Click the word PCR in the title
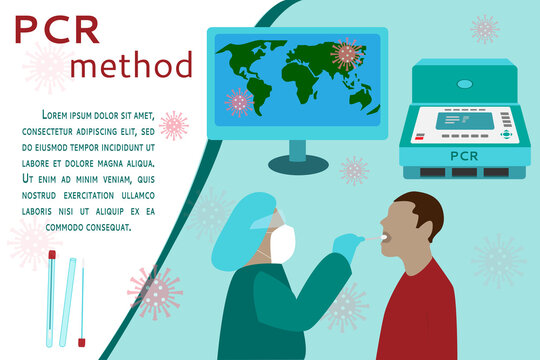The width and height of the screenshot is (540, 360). [x=56, y=30]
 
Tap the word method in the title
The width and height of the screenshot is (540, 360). [x=132, y=65]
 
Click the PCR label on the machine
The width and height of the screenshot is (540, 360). [x=464, y=156]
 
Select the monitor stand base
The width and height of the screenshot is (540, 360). [x=297, y=157]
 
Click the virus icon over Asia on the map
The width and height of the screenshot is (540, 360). [x=347, y=53]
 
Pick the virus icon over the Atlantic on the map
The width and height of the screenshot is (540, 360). [x=239, y=101]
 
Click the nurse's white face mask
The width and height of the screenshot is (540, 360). [x=282, y=244]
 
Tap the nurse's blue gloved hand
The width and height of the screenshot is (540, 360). [x=346, y=243]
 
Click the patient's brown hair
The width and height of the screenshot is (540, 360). [x=426, y=208]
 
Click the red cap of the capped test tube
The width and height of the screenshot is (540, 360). [x=51, y=255]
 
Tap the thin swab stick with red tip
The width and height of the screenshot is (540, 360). [x=82, y=300]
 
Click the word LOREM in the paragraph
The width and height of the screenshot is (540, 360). [x=56, y=115]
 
